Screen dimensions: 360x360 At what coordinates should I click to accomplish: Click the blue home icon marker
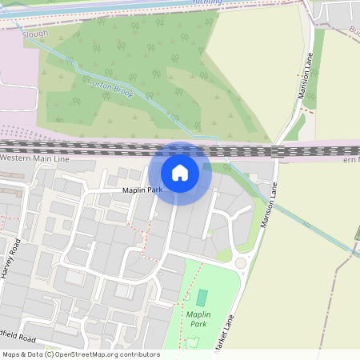click(180, 173)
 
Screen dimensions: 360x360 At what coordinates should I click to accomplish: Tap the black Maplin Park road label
click(142, 190)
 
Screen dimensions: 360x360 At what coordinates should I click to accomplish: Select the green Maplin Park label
click(198, 318)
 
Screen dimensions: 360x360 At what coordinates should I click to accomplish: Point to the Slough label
click(35, 34)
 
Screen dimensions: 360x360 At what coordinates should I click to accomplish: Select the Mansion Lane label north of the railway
click(304, 77)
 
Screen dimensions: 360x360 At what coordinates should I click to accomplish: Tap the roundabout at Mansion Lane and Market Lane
click(240, 262)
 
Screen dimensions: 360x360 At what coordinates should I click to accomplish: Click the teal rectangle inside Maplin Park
click(202, 298)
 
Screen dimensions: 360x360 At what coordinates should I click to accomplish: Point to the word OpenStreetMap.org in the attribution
click(88, 354)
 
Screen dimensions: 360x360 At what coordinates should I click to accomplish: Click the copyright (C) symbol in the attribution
click(50, 354)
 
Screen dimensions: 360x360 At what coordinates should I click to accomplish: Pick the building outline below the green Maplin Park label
click(191, 342)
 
